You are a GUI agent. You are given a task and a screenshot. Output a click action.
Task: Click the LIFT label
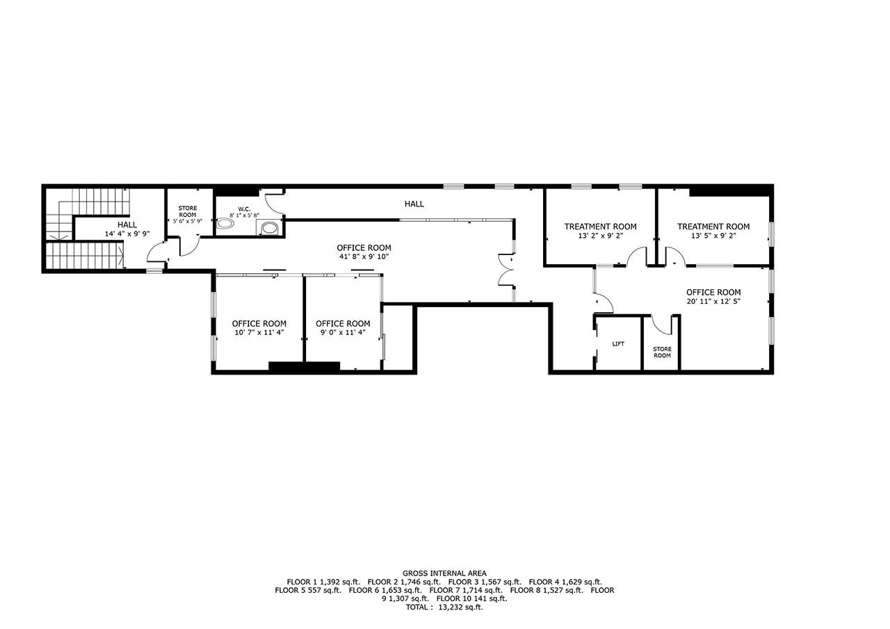click(618, 344)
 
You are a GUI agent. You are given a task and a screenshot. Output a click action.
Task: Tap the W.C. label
click(244, 209)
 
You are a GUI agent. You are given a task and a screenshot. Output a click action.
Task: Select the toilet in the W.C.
click(226, 224)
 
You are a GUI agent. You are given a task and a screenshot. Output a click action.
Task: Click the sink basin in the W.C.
click(270, 228)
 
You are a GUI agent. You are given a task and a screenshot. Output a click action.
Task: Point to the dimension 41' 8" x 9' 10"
click(364, 256)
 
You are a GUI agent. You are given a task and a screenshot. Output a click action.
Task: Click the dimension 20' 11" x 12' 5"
click(713, 302)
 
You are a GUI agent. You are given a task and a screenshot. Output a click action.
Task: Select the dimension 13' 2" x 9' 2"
click(600, 236)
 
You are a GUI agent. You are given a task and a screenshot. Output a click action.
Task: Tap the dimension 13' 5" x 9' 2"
click(713, 236)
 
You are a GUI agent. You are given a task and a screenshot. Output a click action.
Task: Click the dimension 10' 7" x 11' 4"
click(259, 332)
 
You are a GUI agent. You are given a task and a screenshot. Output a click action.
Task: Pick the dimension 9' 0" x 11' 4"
click(343, 332)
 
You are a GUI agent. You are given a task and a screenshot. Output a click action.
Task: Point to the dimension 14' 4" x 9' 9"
click(127, 234)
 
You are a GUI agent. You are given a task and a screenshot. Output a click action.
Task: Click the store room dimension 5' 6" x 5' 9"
click(188, 221)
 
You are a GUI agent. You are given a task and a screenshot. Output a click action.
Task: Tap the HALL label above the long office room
click(414, 204)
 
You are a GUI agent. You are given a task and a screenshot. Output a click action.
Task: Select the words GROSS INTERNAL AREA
click(444, 573)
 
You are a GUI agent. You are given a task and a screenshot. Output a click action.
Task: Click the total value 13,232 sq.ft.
click(460, 607)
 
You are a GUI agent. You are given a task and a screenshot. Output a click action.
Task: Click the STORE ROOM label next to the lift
click(662, 352)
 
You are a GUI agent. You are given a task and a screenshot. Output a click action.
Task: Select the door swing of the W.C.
click(275, 204)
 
